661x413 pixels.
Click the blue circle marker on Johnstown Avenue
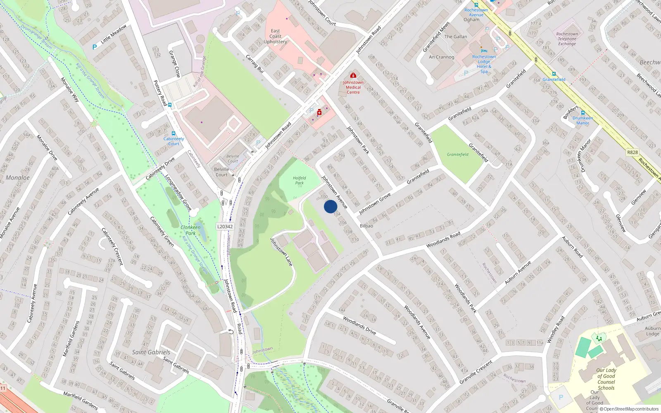coord(330,206)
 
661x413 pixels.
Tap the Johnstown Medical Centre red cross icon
coord(353,76)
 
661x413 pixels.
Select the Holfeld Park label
coord(299,180)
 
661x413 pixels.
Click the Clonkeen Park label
coord(190,230)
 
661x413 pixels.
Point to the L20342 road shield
coord(225,226)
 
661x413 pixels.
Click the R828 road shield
coord(632,152)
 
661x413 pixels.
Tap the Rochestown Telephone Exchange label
coord(567,39)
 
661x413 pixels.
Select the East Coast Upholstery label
coord(275,36)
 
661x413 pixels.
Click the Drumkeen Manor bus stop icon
coord(583,112)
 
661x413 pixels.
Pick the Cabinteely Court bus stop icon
coord(174,133)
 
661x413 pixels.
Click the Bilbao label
coord(366,226)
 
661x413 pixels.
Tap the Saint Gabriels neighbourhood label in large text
coord(151,352)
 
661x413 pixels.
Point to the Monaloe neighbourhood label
coord(18,178)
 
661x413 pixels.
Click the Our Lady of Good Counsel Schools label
coord(606,379)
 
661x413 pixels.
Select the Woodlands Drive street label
coord(359,325)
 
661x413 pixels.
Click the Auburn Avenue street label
coord(518,273)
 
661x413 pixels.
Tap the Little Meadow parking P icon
coord(95,47)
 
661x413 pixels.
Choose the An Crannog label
coord(441,57)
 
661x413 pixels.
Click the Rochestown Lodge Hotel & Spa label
coord(484,64)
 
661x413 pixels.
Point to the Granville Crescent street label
coord(476,372)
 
